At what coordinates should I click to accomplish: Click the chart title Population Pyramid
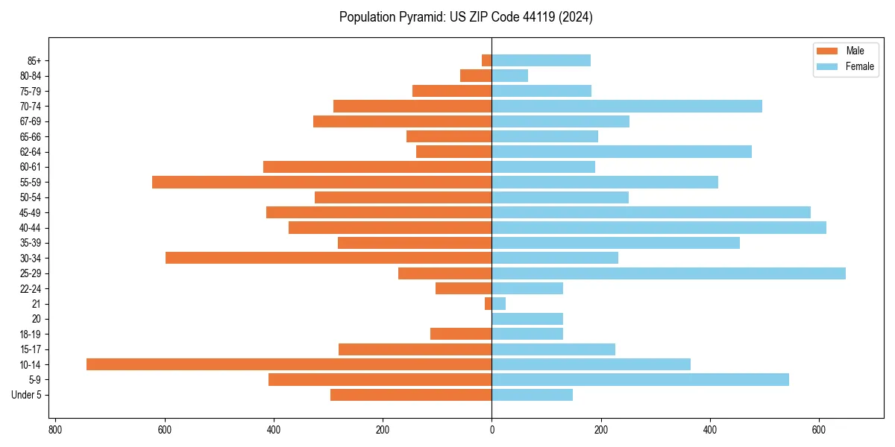465,17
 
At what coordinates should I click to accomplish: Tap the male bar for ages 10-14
289,364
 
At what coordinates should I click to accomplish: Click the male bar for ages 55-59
321,182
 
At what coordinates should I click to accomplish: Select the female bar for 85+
541,60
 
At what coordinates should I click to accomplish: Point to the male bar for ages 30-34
328,258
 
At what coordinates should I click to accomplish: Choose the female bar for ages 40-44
659,227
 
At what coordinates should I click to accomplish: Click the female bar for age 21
498,303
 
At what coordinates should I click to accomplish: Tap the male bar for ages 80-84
476,75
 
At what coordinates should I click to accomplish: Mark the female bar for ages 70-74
626,106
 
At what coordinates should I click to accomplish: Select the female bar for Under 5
532,395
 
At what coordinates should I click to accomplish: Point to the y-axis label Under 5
27,395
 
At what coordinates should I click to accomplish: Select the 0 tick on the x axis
492,430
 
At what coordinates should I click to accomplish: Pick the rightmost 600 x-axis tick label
819,430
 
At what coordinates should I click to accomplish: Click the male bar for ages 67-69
402,121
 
